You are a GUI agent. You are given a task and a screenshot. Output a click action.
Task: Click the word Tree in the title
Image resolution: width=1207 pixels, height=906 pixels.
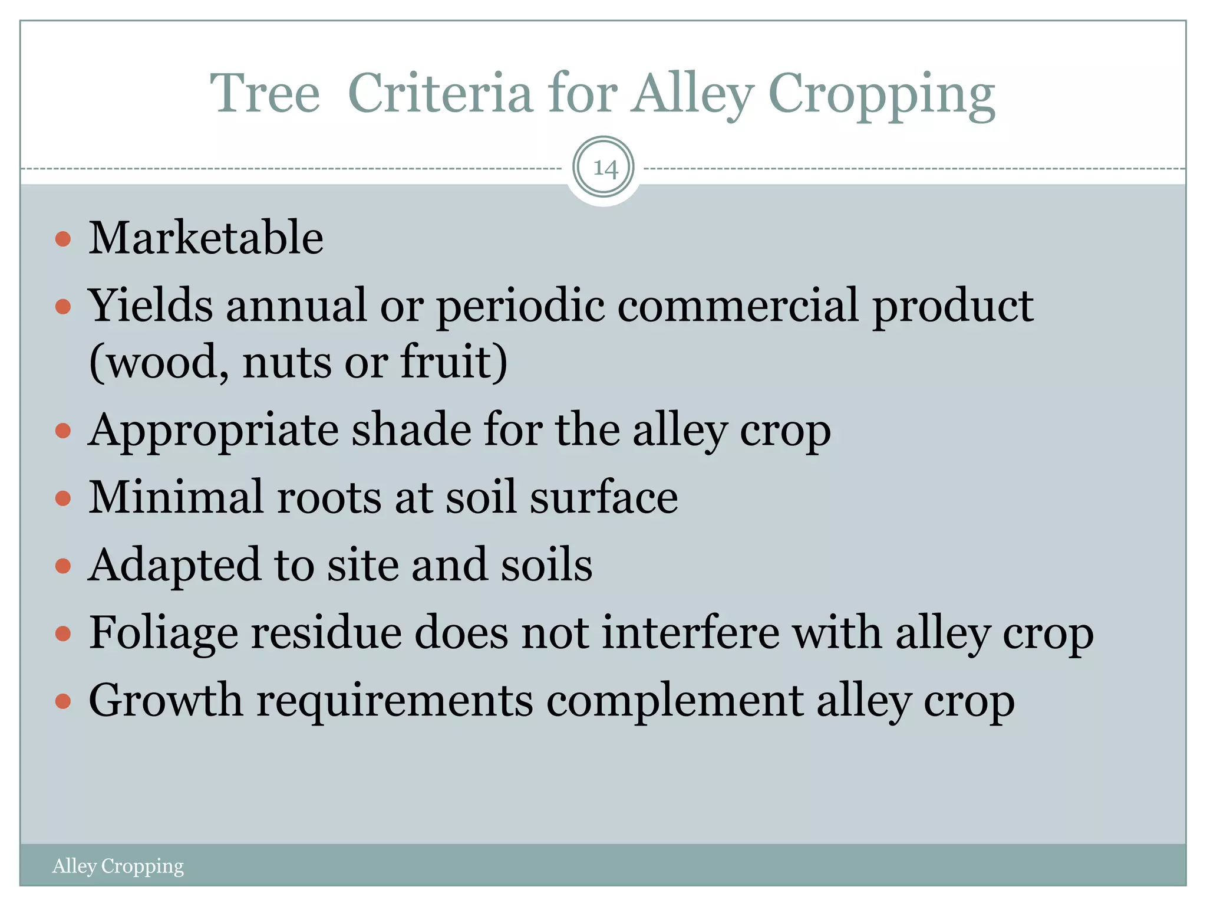click(x=265, y=94)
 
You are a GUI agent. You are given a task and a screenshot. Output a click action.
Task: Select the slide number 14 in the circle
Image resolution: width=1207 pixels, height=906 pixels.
click(x=604, y=169)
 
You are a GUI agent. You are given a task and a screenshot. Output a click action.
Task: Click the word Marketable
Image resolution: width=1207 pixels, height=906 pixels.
click(x=206, y=238)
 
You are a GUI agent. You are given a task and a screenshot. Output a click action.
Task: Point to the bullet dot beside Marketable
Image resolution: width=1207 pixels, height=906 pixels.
click(x=62, y=239)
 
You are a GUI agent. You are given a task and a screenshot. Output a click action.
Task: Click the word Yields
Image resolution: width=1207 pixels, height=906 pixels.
click(x=150, y=306)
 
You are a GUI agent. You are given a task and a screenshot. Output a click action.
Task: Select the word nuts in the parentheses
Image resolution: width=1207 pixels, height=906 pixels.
click(x=286, y=362)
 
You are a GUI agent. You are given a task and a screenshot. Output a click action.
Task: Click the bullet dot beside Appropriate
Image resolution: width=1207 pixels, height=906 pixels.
click(x=62, y=431)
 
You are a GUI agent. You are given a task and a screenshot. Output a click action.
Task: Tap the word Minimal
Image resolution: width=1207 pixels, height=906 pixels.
click(x=176, y=497)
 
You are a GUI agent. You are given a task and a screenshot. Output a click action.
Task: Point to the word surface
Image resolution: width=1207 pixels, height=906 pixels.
click(x=603, y=497)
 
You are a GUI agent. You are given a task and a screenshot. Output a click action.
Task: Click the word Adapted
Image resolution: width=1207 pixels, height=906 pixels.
click(x=174, y=566)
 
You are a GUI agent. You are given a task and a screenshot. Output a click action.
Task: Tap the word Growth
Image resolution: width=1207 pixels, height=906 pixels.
click(x=165, y=701)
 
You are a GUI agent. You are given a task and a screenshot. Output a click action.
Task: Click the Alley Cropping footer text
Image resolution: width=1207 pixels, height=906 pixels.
click(x=118, y=866)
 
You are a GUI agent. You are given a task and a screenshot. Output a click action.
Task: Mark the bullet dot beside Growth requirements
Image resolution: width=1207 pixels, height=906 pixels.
click(x=62, y=701)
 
